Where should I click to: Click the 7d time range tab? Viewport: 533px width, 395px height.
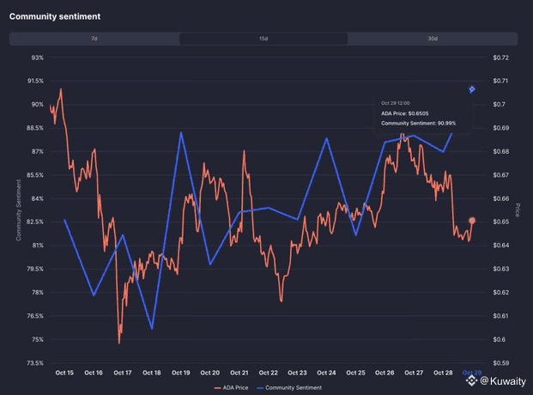tap(94, 39)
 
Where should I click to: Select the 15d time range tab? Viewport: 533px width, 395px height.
tap(263, 39)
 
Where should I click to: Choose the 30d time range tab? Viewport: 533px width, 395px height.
tap(433, 39)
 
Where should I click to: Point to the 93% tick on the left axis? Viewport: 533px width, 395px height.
tap(37, 58)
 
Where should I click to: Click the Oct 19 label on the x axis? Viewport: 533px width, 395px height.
tap(181, 373)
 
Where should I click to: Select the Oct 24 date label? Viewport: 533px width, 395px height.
tap(326, 373)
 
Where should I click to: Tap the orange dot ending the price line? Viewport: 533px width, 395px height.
tap(472, 222)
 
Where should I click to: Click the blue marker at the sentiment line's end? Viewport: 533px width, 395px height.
tap(471, 89)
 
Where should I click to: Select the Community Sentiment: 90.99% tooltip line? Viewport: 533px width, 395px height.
tap(418, 123)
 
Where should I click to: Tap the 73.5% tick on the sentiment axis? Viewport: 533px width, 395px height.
tap(36, 363)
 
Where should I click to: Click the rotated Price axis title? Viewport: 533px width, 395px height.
tap(518, 210)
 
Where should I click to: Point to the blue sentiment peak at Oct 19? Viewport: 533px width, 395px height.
tap(181, 132)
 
